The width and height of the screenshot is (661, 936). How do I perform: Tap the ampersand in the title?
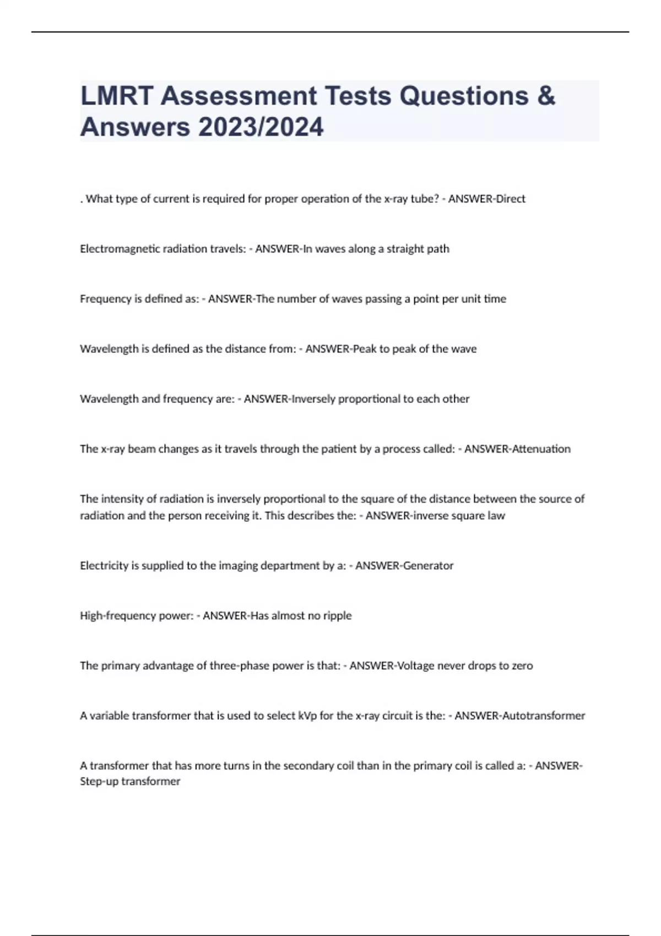545,96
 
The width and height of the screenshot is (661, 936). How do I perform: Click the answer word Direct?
511,199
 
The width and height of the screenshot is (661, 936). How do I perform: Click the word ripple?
338,616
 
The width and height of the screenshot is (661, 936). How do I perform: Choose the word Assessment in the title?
239,96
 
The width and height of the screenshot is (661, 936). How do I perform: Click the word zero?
522,666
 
